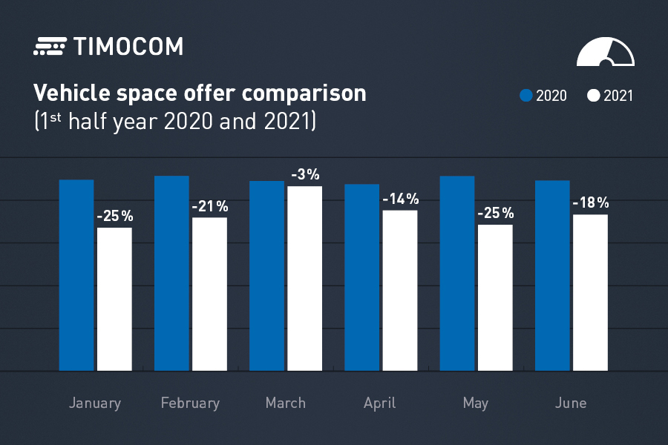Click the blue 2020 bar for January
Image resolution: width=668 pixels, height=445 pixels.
pyautogui.click(x=76, y=274)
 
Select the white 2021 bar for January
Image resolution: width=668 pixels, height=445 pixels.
pyautogui.click(x=114, y=298)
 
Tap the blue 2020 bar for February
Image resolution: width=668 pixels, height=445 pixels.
pyautogui.click(x=171, y=273)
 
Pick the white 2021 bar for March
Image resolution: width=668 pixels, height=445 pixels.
pyautogui.click(x=304, y=278)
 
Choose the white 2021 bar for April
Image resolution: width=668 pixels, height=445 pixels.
pyautogui.click(x=399, y=290)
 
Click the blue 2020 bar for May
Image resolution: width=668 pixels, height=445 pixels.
pyautogui.click(x=457, y=273)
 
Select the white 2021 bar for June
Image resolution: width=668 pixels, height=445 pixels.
pyautogui.click(x=590, y=292)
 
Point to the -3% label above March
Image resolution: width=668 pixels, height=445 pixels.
pyautogui.click(x=305, y=175)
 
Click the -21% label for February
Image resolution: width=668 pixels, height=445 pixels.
pyautogui.click(x=210, y=207)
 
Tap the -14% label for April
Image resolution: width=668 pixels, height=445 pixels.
pyautogui.click(x=400, y=200)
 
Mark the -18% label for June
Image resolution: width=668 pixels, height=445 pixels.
pyautogui.click(x=590, y=203)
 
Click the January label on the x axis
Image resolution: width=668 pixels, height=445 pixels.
pyautogui.click(x=94, y=403)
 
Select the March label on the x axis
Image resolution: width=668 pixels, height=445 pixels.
pyautogui.click(x=285, y=403)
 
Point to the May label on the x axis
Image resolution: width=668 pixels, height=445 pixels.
pyautogui.click(x=475, y=403)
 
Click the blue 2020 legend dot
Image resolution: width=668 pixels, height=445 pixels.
pyautogui.click(x=526, y=96)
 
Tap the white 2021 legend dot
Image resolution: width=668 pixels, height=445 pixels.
pyautogui.click(x=593, y=96)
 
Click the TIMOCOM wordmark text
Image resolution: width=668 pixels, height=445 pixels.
pyautogui.click(x=128, y=47)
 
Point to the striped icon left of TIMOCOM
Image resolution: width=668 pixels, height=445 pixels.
pyautogui.click(x=50, y=47)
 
